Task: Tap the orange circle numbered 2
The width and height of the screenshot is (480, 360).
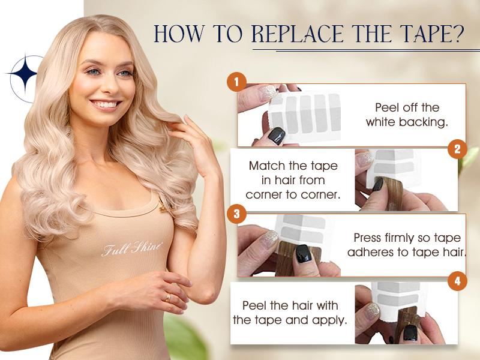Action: tap(457, 149)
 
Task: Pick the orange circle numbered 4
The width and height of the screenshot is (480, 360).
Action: tap(457, 281)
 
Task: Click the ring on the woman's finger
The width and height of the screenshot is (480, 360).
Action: tap(167, 297)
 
